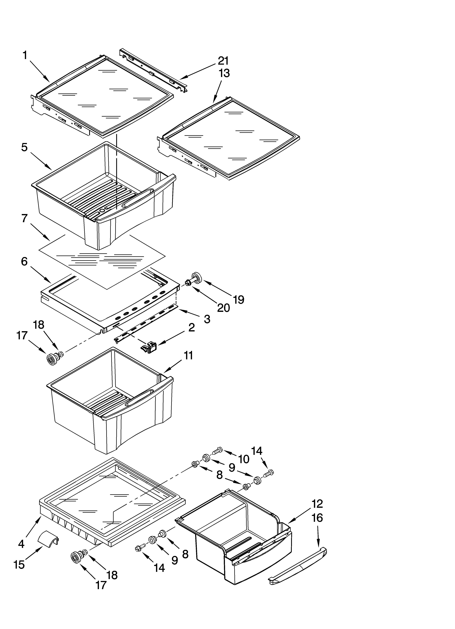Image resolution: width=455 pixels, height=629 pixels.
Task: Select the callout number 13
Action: (224, 73)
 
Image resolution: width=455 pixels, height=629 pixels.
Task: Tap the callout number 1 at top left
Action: (25, 56)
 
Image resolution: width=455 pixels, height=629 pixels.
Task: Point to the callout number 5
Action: (24, 147)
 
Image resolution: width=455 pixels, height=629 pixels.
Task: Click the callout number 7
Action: (24, 218)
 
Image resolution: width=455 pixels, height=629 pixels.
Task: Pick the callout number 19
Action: (239, 299)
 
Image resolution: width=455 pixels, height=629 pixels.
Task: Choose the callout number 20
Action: (223, 308)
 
